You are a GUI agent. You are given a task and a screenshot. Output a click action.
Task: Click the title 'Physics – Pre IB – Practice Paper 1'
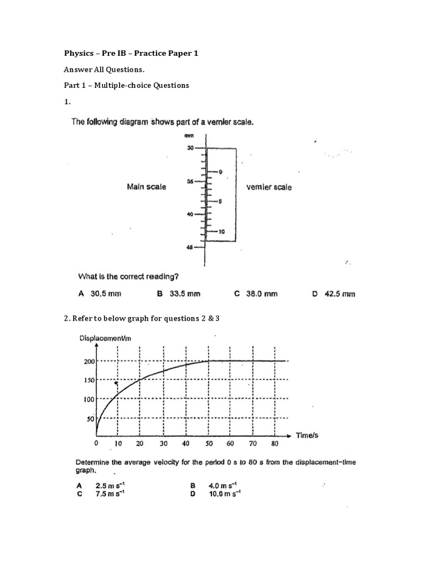(131, 54)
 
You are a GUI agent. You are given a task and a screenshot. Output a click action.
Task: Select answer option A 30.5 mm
(100, 294)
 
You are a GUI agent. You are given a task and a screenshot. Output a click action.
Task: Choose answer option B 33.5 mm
(178, 294)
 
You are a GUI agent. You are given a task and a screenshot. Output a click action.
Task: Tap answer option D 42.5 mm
(333, 294)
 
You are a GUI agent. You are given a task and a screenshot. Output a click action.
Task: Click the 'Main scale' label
(147, 187)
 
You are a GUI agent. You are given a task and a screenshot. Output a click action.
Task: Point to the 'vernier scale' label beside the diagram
(268, 187)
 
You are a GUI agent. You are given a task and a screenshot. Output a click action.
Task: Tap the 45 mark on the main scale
(189, 248)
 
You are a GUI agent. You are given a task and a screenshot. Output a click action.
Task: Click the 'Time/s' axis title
(307, 436)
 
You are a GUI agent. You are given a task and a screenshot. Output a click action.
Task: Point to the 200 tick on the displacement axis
(90, 361)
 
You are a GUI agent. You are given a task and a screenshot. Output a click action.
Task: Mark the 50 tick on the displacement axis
(91, 419)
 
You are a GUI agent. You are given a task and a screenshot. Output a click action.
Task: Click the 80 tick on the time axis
(275, 443)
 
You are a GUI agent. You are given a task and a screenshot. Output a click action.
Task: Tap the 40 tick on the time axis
(185, 443)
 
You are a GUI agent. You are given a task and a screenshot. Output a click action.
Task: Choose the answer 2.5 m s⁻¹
(105, 486)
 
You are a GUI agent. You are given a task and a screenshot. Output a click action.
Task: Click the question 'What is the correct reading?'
(128, 276)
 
